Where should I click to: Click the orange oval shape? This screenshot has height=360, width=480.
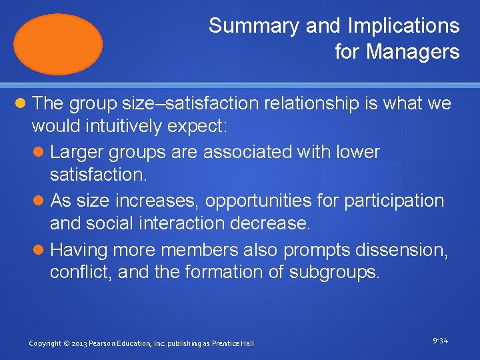point(59,44)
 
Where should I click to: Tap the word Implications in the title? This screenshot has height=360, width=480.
point(403,26)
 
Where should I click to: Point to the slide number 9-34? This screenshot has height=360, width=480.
point(440,341)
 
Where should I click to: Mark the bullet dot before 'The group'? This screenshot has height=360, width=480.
point(21,104)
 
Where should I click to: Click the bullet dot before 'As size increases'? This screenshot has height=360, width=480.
point(40,201)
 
